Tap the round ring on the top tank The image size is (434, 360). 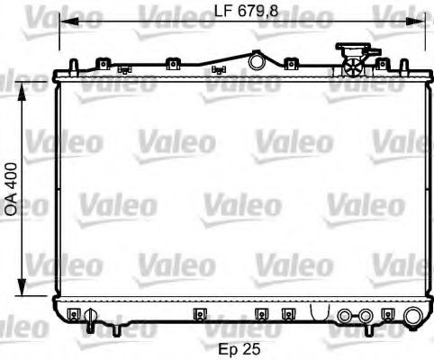click(256, 62)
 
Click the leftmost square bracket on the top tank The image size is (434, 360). click(103, 64)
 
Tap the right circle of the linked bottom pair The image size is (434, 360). click(365, 316)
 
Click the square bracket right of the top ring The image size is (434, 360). click(290, 64)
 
